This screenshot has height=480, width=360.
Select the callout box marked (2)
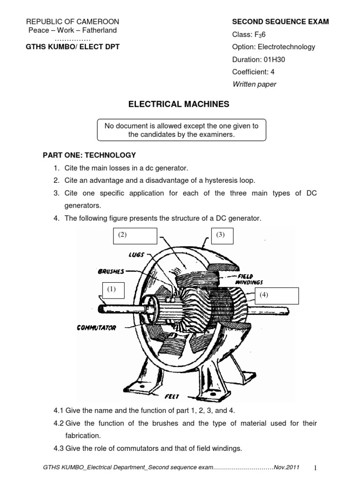(x=135, y=236)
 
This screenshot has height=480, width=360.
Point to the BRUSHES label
(x=111, y=271)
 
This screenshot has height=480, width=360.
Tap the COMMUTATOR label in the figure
(x=96, y=328)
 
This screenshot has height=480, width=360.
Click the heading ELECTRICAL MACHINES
(x=179, y=104)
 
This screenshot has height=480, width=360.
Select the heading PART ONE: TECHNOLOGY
(x=90, y=155)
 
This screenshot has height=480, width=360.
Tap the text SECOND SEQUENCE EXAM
(x=280, y=22)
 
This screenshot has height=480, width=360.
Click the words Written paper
(x=254, y=84)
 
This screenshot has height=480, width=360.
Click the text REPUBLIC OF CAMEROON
(x=73, y=22)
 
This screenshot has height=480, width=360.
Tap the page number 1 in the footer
(x=315, y=468)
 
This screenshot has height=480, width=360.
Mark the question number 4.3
(x=59, y=448)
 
